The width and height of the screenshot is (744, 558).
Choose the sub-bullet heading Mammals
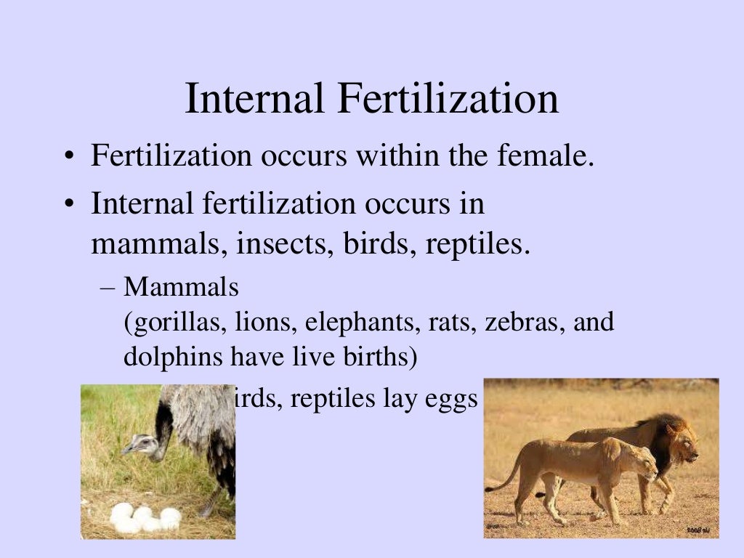coord(181,288)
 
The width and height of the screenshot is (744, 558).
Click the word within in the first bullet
coord(387,157)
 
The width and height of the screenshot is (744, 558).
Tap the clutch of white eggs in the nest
coord(145,517)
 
